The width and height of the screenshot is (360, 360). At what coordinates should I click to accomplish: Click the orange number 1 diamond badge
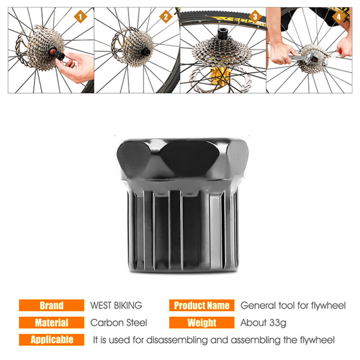[80, 17]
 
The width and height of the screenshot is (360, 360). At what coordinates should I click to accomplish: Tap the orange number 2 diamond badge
[166, 17]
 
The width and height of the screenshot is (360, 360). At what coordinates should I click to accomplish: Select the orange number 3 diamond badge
[255, 17]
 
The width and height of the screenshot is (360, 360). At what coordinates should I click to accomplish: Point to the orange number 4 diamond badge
[339, 17]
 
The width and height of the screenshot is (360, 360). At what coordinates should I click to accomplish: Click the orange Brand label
[51, 305]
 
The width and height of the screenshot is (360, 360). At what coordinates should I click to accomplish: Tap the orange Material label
[51, 323]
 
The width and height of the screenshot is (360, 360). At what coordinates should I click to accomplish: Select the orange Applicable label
[51, 340]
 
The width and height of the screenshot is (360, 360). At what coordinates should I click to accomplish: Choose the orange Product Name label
[202, 305]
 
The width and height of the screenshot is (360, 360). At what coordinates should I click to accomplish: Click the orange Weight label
[202, 323]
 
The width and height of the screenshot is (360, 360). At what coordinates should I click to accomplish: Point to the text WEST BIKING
[116, 305]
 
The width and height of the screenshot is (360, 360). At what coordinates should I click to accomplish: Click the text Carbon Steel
[119, 323]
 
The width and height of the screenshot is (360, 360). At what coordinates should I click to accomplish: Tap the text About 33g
[263, 323]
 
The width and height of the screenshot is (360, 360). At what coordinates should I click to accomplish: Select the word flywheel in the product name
[328, 306]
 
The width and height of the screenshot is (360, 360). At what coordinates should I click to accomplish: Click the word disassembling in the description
[177, 340]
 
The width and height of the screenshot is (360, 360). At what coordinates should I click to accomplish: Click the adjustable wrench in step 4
[303, 57]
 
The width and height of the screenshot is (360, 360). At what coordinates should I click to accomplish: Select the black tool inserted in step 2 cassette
[145, 52]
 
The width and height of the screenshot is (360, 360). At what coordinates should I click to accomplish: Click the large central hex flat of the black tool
[189, 158]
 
